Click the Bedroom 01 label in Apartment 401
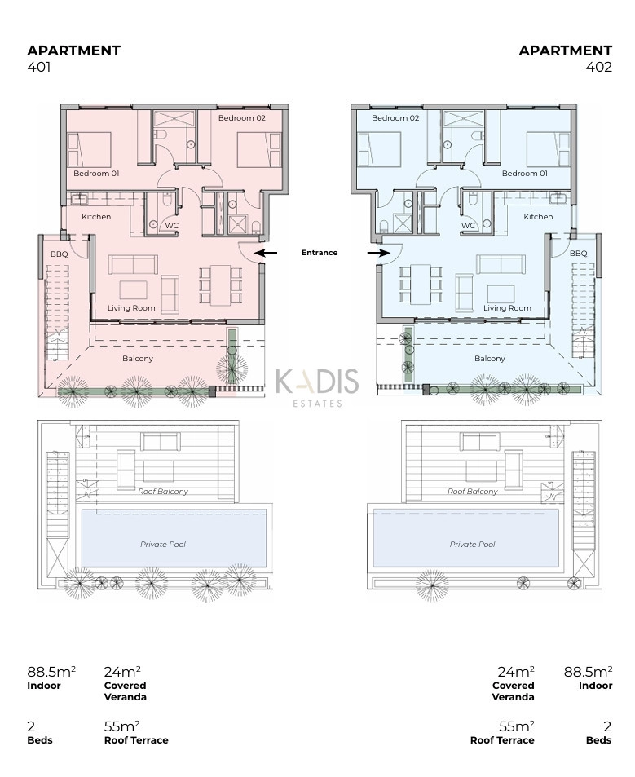pos(96,174)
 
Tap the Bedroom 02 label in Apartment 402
pos(395,118)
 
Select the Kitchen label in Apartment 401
pos(96,217)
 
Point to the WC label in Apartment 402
pos(468,226)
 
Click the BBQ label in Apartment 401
pos(59,254)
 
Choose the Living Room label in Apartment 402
pos(507,307)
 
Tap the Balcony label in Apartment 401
pos(138,358)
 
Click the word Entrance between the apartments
pos(320,252)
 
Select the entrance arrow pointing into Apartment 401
pos(266,254)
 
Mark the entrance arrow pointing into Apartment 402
pos(379,254)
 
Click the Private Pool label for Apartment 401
pos(163,544)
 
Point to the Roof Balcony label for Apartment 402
pos(473,491)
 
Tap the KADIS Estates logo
pos(317,387)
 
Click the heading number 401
pos(38,67)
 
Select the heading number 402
pos(599,67)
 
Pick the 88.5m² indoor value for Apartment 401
pos(51,672)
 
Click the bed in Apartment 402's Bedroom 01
pos(549,149)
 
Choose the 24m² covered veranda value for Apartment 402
pos(516,672)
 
